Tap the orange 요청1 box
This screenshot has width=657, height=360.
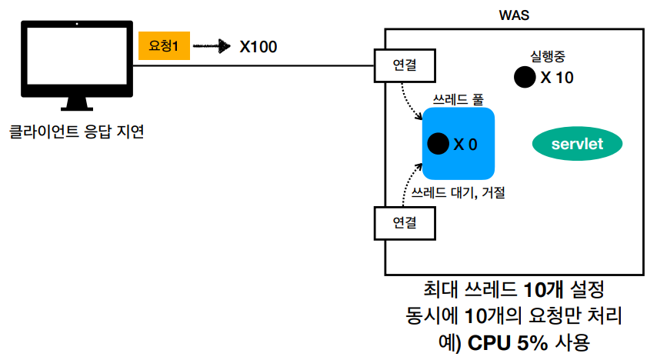[x=163, y=47]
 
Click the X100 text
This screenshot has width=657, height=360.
[x=258, y=47]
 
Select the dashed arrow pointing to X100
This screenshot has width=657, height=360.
[x=212, y=47]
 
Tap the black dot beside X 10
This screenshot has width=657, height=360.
[x=525, y=76]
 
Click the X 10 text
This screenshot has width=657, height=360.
[x=557, y=77]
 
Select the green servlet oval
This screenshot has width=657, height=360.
[x=577, y=144]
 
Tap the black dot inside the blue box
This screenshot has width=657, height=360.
[x=438, y=143]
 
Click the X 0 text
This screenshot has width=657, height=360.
[x=465, y=144]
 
